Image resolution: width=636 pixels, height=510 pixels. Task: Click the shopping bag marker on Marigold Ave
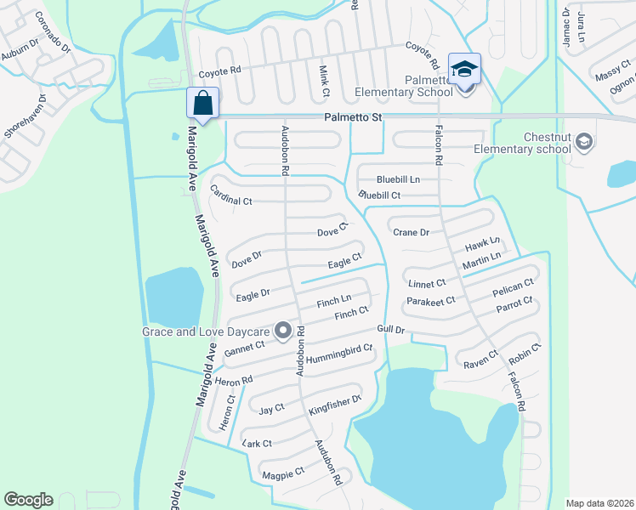click(202, 103)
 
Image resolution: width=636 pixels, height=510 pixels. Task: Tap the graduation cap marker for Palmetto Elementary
click(464, 69)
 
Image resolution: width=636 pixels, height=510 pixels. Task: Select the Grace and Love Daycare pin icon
click(282, 330)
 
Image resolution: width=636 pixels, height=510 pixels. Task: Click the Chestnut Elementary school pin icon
click(583, 141)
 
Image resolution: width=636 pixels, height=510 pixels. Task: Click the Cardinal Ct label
click(231, 195)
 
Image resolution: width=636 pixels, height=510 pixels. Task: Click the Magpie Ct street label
click(283, 473)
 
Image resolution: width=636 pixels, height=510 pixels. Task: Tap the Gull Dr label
click(390, 330)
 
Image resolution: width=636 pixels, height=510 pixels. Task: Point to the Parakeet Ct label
click(430, 300)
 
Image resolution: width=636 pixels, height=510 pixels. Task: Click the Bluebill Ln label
click(398, 179)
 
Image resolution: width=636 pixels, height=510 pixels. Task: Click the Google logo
click(28, 499)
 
